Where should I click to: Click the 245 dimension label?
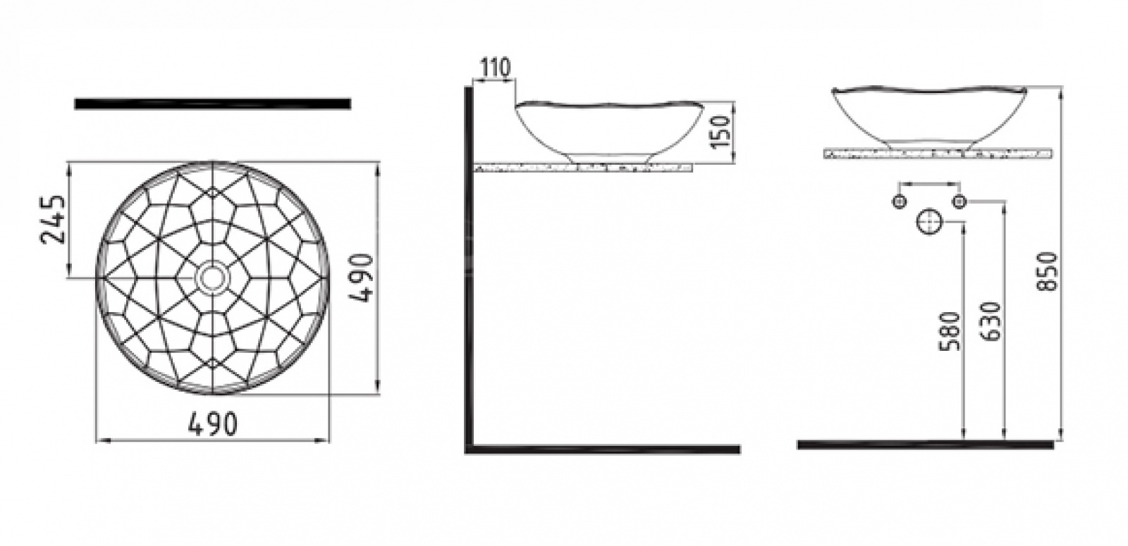point(54,219)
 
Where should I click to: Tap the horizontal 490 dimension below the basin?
point(212,423)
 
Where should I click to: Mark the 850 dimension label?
point(1048,271)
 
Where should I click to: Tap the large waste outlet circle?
point(929,222)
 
